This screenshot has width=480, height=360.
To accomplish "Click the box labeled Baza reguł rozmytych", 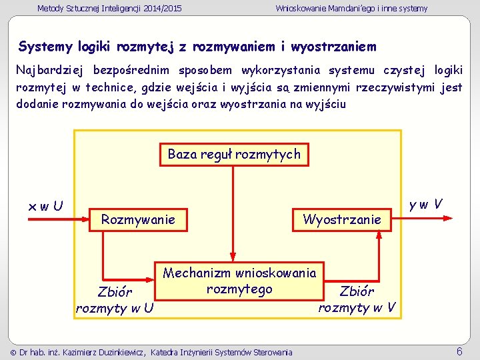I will [x=234, y=155].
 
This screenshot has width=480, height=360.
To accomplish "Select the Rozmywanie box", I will [x=138, y=219].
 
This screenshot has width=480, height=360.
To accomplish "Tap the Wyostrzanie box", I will [x=342, y=219].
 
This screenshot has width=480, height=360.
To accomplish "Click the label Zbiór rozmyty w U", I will [x=115, y=299].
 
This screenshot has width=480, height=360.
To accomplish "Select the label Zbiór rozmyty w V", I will [x=357, y=299].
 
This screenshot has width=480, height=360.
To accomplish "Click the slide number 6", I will [x=459, y=351].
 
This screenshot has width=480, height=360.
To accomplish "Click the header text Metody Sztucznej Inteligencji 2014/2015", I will [x=109, y=9].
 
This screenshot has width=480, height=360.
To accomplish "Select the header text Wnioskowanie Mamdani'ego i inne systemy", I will [x=351, y=9].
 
